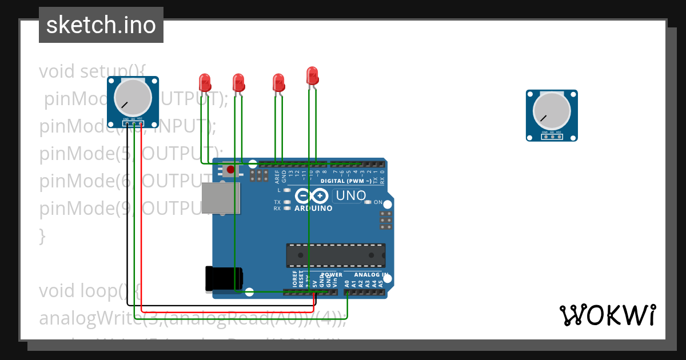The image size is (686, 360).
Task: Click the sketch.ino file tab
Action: [x=101, y=25]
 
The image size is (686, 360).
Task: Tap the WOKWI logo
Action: [x=608, y=315]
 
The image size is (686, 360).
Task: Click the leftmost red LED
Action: [x=205, y=82]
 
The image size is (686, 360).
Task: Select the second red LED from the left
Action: [x=238, y=82]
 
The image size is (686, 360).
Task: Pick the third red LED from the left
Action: [x=278, y=82]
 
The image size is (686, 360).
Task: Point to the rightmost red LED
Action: [x=312, y=75]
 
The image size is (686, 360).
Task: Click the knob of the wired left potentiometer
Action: [x=133, y=98]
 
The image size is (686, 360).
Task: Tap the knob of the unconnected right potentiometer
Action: [x=552, y=111]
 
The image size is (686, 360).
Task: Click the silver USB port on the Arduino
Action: [x=221, y=198]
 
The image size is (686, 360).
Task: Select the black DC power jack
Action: [x=223, y=279]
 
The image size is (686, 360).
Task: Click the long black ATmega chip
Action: [x=336, y=255]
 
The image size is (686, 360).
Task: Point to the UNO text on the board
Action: [x=351, y=195]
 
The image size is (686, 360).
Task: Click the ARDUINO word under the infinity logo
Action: [x=313, y=209]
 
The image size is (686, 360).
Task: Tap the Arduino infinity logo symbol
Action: [x=313, y=196]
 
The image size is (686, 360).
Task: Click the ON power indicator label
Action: [x=378, y=202]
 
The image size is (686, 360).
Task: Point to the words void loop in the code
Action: [x=83, y=291]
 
